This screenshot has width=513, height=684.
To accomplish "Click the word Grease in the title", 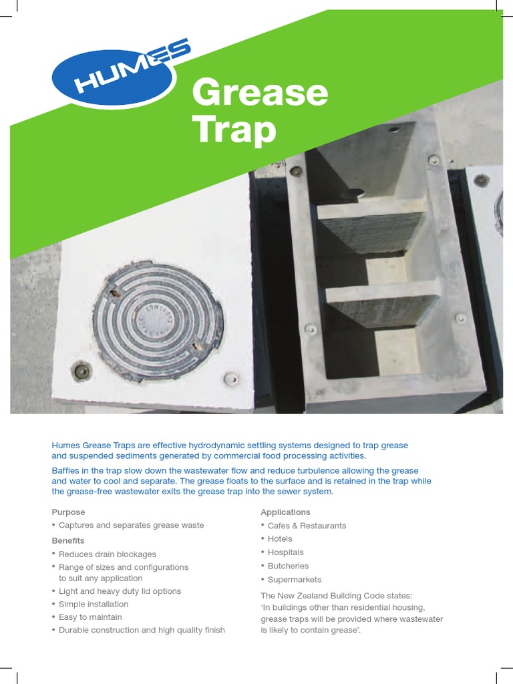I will point(260,94).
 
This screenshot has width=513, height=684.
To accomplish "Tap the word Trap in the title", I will point(234,130).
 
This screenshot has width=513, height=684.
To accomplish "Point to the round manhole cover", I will point(158,321).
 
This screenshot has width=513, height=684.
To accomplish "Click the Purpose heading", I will point(69,512).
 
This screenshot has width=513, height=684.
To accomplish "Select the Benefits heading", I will point(68,540).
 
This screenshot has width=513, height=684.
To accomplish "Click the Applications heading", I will point(285,512).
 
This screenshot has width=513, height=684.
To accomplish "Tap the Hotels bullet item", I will point(280,539).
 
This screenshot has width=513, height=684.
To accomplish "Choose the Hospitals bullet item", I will point(285,552).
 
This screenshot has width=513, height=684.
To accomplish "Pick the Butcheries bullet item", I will point(288,566).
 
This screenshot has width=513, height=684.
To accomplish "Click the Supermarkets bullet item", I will point(295,580).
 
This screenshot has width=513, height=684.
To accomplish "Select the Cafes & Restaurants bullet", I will point(307,526).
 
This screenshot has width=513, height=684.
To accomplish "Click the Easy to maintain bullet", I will point(90,617).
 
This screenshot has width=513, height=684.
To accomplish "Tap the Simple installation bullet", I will point(94,604).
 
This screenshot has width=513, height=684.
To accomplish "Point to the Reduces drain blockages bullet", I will point(107,554).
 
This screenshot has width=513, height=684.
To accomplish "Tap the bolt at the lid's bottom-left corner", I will point(81,371).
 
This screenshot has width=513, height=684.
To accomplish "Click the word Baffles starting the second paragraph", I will point(66,471).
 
